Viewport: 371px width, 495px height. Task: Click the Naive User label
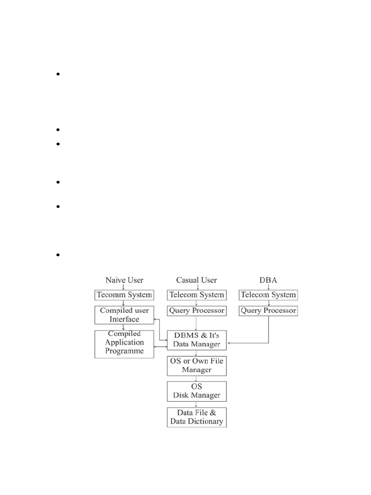(124, 280)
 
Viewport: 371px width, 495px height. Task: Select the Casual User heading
(197, 280)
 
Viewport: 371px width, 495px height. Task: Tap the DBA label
(269, 280)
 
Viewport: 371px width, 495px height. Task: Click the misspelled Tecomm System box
(124, 294)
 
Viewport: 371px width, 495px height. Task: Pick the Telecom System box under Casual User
(196, 294)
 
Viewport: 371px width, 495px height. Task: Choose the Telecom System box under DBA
(269, 294)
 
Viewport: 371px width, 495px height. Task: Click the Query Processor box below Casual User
(196, 310)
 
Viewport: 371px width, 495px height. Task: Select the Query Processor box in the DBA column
(269, 310)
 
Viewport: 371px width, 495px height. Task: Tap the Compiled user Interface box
(124, 315)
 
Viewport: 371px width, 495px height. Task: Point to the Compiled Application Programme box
(124, 344)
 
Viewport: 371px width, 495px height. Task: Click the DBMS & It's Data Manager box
(197, 340)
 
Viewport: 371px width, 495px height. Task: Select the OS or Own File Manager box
(197, 365)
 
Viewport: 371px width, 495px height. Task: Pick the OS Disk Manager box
(197, 391)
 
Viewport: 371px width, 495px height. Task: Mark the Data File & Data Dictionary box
(197, 417)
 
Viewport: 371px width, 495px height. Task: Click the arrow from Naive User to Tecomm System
(124, 287)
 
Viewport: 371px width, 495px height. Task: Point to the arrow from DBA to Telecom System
(269, 287)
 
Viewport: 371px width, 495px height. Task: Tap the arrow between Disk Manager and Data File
(196, 404)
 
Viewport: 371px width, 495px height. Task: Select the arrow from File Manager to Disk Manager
(196, 379)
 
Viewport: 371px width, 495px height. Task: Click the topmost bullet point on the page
(57, 74)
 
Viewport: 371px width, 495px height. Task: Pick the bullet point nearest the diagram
(57, 255)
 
